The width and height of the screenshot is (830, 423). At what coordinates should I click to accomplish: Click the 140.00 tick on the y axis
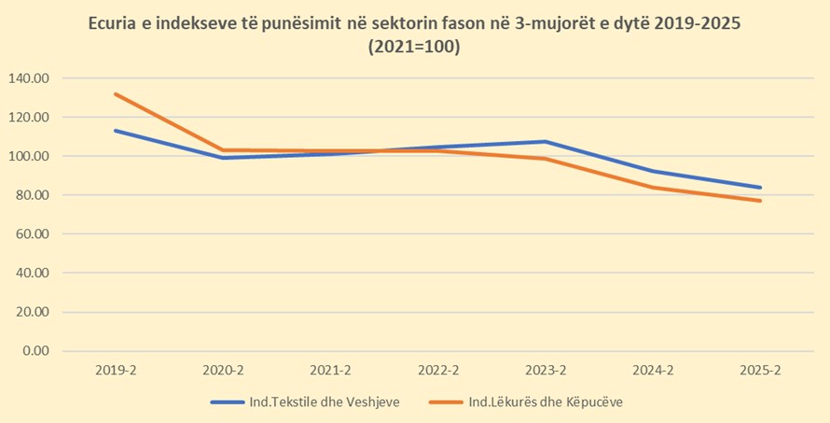click(29, 78)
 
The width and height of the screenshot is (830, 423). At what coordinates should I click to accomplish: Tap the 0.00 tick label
click(35, 351)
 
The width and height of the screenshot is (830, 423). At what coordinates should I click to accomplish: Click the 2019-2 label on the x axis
click(116, 371)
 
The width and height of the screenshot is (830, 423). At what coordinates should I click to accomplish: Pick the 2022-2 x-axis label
click(437, 371)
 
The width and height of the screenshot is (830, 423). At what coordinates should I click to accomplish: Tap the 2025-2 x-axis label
click(760, 371)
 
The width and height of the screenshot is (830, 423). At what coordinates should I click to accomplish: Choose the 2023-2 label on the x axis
click(545, 371)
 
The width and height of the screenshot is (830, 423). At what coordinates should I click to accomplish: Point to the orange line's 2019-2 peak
click(116, 94)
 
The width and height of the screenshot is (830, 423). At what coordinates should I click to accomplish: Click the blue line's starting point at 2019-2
click(116, 131)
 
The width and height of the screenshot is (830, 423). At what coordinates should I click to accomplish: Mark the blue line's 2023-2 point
click(545, 142)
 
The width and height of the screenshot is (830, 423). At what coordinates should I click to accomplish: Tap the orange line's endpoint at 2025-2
click(760, 201)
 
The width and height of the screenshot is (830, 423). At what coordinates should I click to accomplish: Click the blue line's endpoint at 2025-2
click(760, 188)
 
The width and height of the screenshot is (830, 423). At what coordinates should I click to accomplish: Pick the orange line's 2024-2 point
click(653, 188)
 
